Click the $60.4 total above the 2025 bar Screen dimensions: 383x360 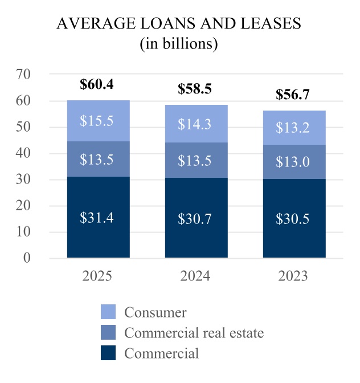tap(98, 84)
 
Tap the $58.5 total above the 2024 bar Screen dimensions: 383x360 tap(195, 89)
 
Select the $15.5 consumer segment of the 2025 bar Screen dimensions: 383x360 tap(98, 121)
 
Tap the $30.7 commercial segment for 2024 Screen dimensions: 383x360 tap(195, 218)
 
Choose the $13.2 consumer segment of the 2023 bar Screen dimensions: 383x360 tap(294, 128)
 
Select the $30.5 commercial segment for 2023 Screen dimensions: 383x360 tap(294, 218)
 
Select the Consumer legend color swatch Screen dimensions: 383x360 tap(108, 312)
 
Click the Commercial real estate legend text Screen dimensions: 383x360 tap(194, 332)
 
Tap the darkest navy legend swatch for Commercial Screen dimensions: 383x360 tap(108, 353)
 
